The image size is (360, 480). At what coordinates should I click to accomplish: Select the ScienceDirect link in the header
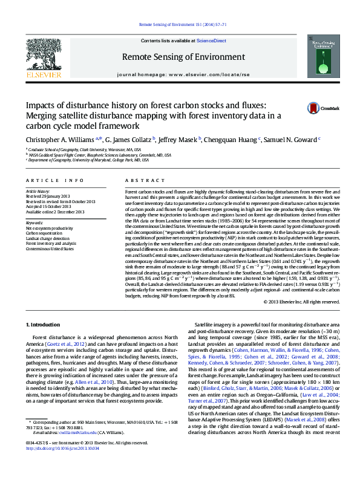(212, 41)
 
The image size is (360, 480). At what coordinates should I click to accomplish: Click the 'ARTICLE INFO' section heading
(55, 181)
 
